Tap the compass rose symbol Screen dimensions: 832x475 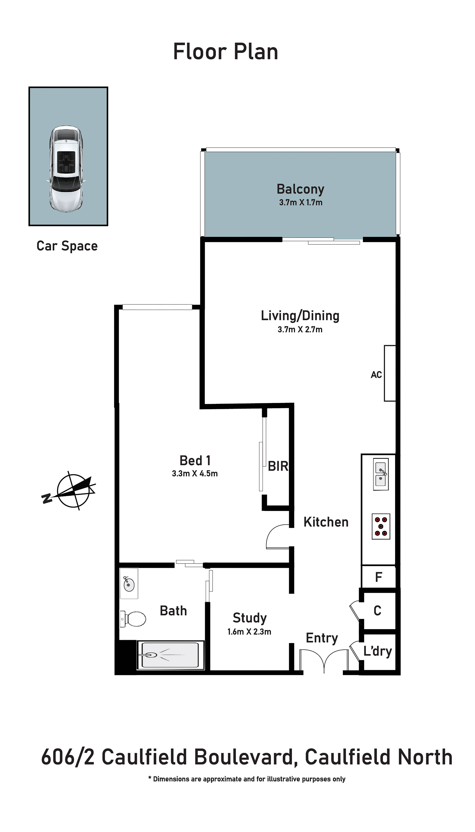coord(72,490)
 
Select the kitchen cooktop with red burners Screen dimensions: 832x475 coord(381,526)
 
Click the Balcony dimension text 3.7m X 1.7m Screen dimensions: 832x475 coord(301,202)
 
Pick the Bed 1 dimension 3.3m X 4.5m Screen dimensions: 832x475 coord(195,474)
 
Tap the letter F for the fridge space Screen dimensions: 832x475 coord(378,577)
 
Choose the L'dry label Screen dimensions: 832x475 coord(377,651)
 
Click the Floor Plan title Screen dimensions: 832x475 coord(225,51)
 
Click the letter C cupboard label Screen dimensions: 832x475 coord(377,610)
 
